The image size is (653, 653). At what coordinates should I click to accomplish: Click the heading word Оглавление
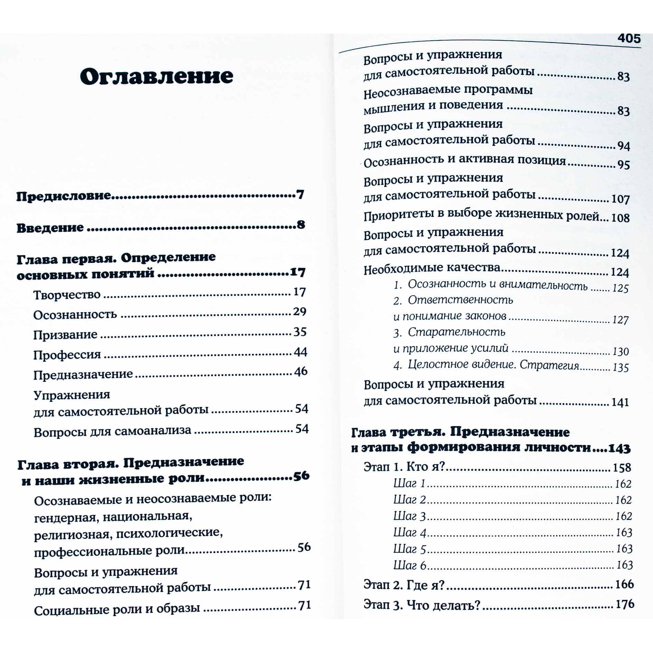pyautogui.click(x=157, y=76)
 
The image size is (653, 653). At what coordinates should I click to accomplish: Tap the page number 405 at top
pyautogui.click(x=629, y=38)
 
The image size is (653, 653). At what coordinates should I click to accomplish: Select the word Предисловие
pyautogui.click(x=64, y=196)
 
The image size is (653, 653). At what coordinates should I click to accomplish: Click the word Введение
pyautogui.click(x=50, y=228)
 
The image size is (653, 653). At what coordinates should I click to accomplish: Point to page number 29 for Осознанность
pyautogui.click(x=300, y=312)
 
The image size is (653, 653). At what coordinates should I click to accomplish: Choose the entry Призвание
pyautogui.click(x=65, y=335)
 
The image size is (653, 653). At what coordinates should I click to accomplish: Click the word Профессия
pyautogui.click(x=67, y=355)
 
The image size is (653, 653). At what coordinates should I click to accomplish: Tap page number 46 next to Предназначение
pyautogui.click(x=301, y=371)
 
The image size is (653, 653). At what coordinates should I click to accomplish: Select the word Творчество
pyautogui.click(x=67, y=295)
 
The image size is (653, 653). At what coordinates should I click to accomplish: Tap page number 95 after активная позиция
pyautogui.click(x=623, y=165)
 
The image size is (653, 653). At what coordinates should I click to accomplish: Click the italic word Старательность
pyautogui.click(x=456, y=332)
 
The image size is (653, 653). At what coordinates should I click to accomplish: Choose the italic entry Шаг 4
pyautogui.click(x=410, y=532)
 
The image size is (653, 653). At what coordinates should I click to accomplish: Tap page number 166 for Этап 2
pyautogui.click(x=624, y=584)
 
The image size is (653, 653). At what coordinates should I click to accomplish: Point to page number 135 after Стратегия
pyautogui.click(x=621, y=368)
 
